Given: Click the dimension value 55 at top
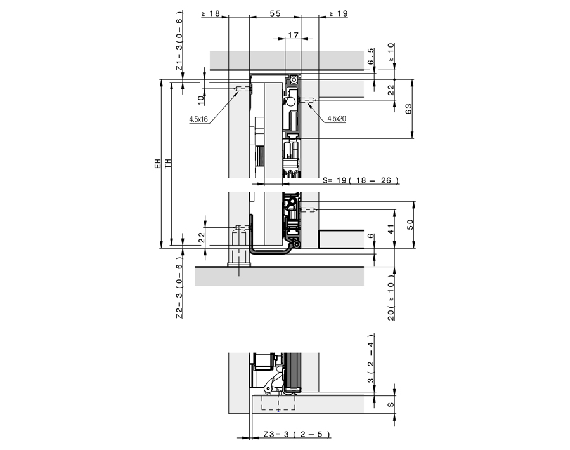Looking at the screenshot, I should pos(275,13).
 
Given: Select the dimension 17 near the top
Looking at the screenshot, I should pos(292,36).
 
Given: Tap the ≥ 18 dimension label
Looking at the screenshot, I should pos(211,13).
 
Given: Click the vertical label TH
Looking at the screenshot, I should pos(167,164).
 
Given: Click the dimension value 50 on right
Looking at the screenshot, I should pos(409,225).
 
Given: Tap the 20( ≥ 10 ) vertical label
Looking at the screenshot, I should pos(391,298).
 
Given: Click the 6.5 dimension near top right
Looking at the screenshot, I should pos(372,57).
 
